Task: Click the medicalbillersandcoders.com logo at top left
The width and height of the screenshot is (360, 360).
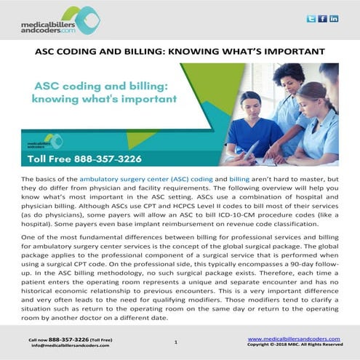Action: (58, 22)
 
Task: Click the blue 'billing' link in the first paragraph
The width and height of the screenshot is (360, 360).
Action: (239, 178)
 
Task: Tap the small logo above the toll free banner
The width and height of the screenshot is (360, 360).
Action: (52, 140)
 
